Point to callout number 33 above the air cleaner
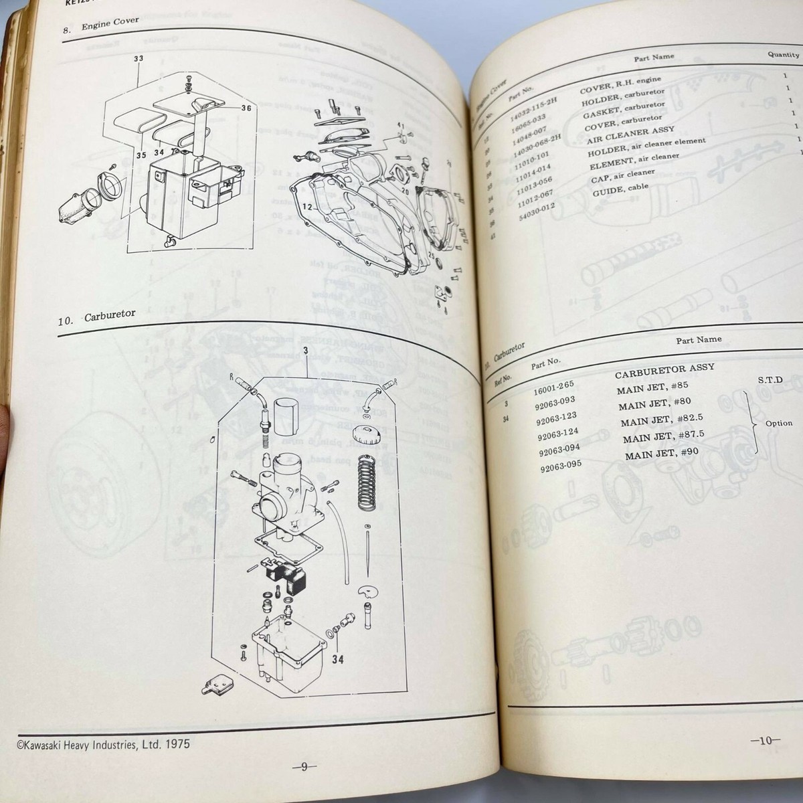click(x=139, y=59)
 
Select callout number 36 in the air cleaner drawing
click(x=246, y=108)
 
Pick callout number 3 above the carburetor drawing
click(x=305, y=351)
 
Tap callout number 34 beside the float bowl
click(x=338, y=660)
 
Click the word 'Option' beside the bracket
click(x=778, y=423)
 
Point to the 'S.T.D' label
click(x=770, y=380)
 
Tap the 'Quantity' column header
click(x=783, y=55)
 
